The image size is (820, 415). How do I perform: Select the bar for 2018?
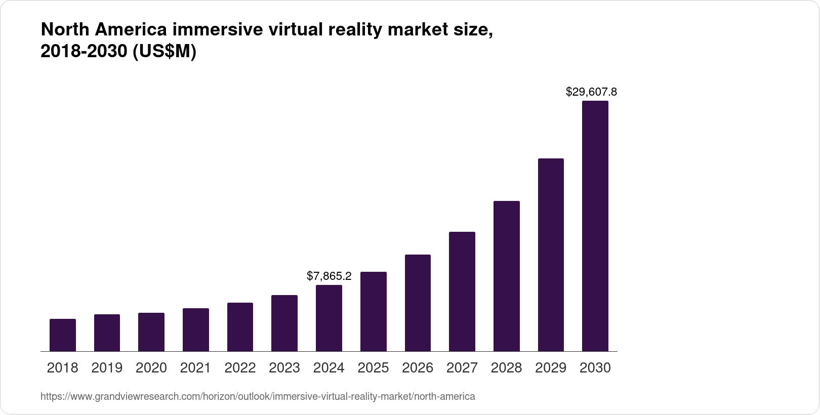pyautogui.click(x=63, y=335)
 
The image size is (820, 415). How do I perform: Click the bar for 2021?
pyautogui.click(x=196, y=329)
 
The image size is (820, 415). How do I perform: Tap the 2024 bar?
pyautogui.click(x=329, y=318)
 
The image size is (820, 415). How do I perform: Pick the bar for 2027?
pyautogui.click(x=462, y=292)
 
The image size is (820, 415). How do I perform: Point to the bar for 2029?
pyautogui.click(x=551, y=255)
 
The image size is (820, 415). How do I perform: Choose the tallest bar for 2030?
pyautogui.click(x=595, y=226)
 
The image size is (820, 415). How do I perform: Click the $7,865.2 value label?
pyautogui.click(x=329, y=276)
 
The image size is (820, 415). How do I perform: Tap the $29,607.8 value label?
pyautogui.click(x=591, y=92)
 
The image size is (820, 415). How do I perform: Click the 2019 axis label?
pyautogui.click(x=107, y=368)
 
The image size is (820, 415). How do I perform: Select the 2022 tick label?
pyautogui.click(x=240, y=368)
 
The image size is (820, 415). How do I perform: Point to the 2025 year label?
pyautogui.click(x=373, y=368)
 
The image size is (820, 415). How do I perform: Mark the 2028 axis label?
pyautogui.click(x=506, y=368)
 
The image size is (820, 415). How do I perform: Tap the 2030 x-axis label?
pyautogui.click(x=595, y=368)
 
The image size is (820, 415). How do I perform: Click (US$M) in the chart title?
pyautogui.click(x=164, y=52)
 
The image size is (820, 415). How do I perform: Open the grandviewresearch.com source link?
pyautogui.click(x=258, y=397)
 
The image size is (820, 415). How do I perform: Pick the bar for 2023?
pyautogui.click(x=284, y=323)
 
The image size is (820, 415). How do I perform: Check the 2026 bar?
pyautogui.click(x=418, y=303)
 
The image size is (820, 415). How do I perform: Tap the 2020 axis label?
pyautogui.click(x=151, y=368)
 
